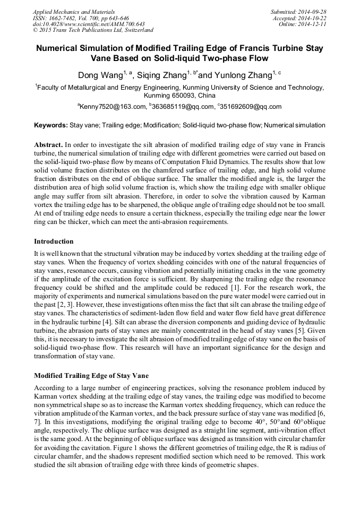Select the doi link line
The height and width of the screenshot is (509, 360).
89,24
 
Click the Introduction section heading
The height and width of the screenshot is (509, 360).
54,241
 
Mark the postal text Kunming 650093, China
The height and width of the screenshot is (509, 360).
180,96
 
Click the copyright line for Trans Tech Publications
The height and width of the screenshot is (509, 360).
93,30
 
